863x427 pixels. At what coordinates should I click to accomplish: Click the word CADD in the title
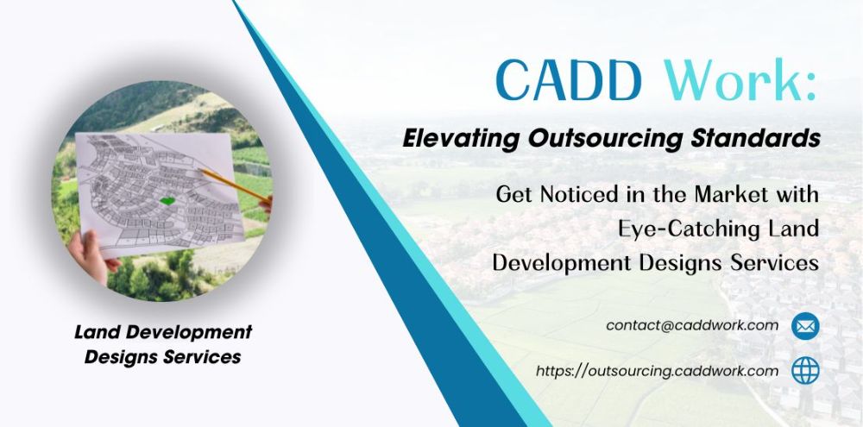pos(569,81)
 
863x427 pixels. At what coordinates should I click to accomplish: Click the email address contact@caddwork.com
pos(692,325)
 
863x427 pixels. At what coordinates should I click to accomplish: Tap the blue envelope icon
pos(805,326)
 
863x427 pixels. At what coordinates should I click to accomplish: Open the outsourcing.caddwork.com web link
pos(657,372)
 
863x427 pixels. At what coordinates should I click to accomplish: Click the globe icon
pos(805,370)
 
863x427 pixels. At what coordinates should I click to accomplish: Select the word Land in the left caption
pos(98,332)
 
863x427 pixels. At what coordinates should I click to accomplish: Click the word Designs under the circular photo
pos(117,357)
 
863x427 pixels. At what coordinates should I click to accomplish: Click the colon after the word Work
pos(809,87)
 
